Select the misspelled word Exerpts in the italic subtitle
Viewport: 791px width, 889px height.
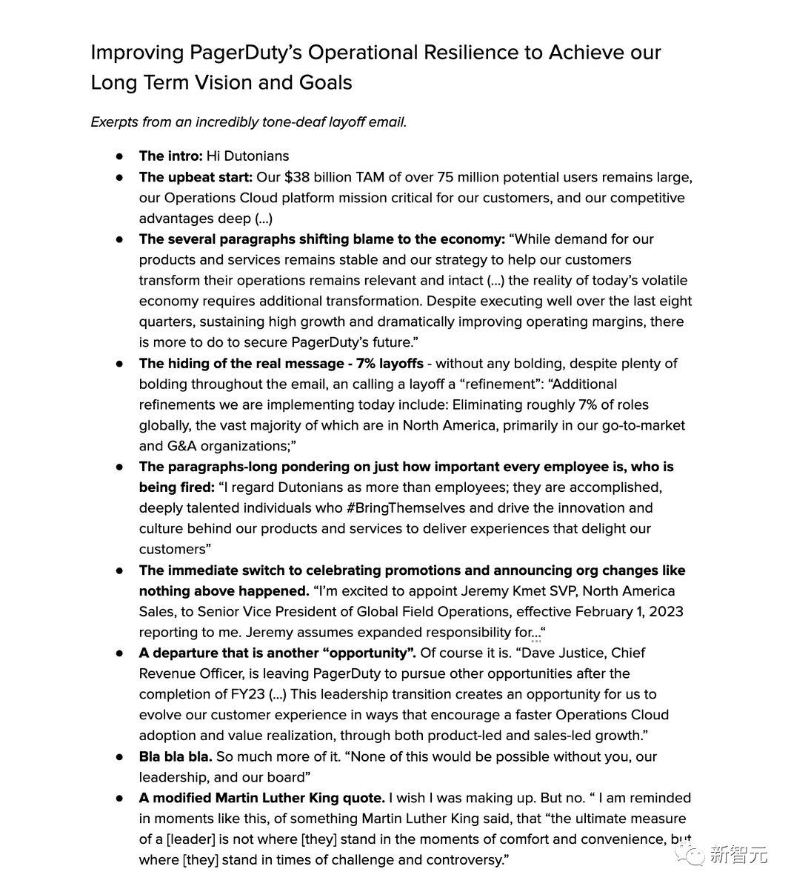(x=115, y=122)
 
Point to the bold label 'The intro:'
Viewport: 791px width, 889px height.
(x=170, y=156)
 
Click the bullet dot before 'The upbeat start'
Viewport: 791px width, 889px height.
(x=119, y=178)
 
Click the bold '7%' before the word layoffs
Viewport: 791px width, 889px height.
(x=367, y=364)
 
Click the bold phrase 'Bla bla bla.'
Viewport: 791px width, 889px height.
(x=176, y=757)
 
